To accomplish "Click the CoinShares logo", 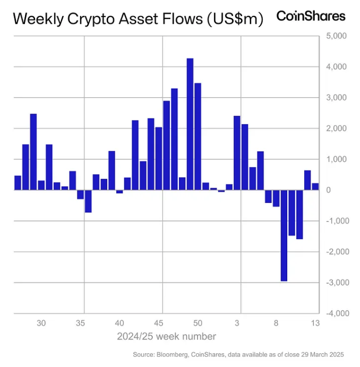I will [311, 16].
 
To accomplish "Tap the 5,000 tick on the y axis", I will [336, 36].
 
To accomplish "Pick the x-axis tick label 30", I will [41, 322].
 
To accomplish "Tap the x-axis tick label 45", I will [159, 322].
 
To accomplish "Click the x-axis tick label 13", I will [314, 322].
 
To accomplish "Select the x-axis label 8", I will [276, 322].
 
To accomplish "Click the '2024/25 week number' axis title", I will [166, 336].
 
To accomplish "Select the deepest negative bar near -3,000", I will [284, 235].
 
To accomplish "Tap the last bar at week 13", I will [315, 186].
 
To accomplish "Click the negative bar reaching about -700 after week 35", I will [88, 201].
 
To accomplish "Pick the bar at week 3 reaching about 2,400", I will [237, 152].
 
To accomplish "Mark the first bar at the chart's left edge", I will [18, 182].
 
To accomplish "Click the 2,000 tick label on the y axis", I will [336, 129].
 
